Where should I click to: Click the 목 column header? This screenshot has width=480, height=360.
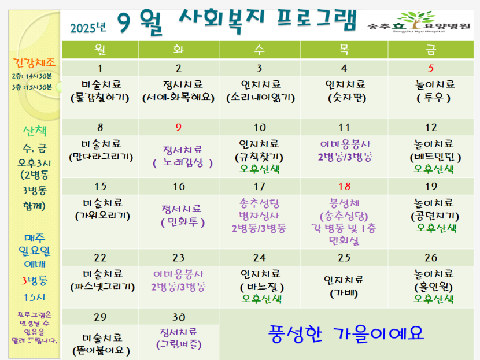(x=344, y=50)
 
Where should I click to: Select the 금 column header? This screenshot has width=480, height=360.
(x=431, y=50)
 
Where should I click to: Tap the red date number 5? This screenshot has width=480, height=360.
(x=431, y=68)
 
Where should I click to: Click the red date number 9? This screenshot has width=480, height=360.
(x=179, y=127)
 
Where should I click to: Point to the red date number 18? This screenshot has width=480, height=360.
(x=345, y=186)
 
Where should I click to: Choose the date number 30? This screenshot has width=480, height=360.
(x=179, y=317)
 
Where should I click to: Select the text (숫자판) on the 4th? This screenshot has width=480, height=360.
(x=347, y=98)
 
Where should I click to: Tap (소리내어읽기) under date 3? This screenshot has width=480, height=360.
(x=260, y=98)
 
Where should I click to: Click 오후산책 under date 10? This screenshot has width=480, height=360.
(x=260, y=169)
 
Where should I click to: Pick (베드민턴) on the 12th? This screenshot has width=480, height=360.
(x=435, y=157)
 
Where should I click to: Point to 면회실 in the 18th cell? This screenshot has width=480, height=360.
(x=344, y=241)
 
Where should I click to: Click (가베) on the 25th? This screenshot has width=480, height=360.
(x=344, y=294)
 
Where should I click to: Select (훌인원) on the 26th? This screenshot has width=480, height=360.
(x=434, y=287)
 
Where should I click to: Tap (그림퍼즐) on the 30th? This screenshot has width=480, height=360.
(x=179, y=345)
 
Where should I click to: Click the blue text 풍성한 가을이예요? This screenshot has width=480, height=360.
(x=346, y=333)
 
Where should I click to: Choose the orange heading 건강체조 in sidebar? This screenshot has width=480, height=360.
(x=34, y=63)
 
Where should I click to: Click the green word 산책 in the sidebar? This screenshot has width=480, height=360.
(x=35, y=131)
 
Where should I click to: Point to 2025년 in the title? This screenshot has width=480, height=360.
(x=88, y=28)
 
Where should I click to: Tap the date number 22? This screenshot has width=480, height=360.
(x=100, y=258)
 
